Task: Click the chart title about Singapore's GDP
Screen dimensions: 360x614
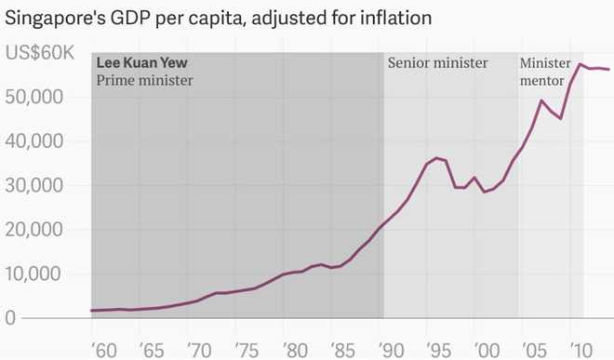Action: tap(231, 17)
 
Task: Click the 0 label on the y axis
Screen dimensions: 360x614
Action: tap(10, 318)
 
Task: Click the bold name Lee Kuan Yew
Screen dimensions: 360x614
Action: tap(142, 63)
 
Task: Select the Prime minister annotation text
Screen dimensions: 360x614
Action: tap(144, 80)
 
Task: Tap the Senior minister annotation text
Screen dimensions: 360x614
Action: tap(437, 63)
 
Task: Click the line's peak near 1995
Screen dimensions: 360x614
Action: tap(436, 158)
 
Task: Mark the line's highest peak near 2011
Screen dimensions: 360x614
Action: tap(580, 64)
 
